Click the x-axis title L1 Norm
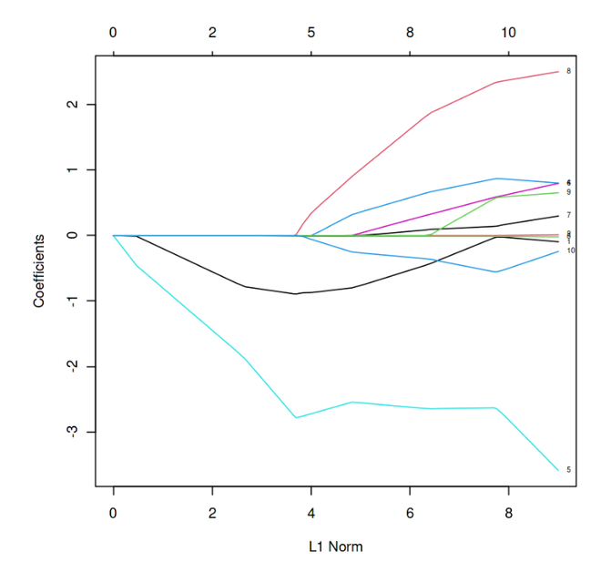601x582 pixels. click(334, 546)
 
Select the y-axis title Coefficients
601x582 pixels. click(39, 271)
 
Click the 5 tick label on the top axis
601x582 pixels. click(311, 32)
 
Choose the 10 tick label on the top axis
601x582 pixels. click(508, 32)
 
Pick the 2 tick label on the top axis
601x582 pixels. click(212, 32)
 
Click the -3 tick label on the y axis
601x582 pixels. click(72, 431)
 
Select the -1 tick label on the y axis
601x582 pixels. click(72, 301)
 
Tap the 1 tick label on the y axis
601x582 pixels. click(72, 170)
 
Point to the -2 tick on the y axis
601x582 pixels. click(72, 366)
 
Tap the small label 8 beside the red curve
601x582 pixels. click(568, 70)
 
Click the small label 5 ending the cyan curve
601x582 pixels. click(568, 470)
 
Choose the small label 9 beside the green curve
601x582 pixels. click(568, 192)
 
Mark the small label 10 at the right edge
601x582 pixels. click(570, 250)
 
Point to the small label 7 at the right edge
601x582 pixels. click(568, 215)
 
